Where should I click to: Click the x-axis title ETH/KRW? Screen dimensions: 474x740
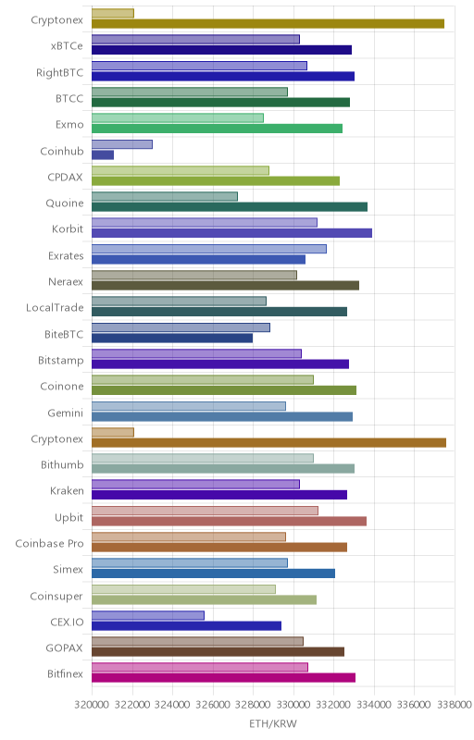[273, 723]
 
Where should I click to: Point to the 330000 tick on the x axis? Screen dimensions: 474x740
[293, 705]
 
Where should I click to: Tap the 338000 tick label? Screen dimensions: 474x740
[455, 705]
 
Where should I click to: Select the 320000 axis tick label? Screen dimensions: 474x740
[92, 705]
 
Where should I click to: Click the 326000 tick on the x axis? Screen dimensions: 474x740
[212, 705]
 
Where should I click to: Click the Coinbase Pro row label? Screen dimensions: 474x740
[49, 543]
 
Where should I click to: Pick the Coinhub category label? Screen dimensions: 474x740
[62, 151]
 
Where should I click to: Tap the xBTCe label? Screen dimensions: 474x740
[67, 45]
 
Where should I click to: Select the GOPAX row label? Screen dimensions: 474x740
[64, 648]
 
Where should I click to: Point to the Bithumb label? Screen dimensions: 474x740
[62, 465]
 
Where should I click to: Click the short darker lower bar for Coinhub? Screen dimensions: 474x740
[103, 154]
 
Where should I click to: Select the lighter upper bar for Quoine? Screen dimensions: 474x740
[164, 196]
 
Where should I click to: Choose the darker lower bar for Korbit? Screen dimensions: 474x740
[231, 233]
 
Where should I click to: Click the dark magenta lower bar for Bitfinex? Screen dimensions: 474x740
[223, 678]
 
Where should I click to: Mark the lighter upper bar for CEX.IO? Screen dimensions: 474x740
[148, 615]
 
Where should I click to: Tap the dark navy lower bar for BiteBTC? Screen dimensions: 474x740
[172, 338]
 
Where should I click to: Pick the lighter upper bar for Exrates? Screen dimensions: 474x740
[208, 249]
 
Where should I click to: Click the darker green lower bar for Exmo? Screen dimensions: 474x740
[217, 129]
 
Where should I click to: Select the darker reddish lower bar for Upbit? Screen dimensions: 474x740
[229, 521]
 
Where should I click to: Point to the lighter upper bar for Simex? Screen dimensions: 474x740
[189, 562]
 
